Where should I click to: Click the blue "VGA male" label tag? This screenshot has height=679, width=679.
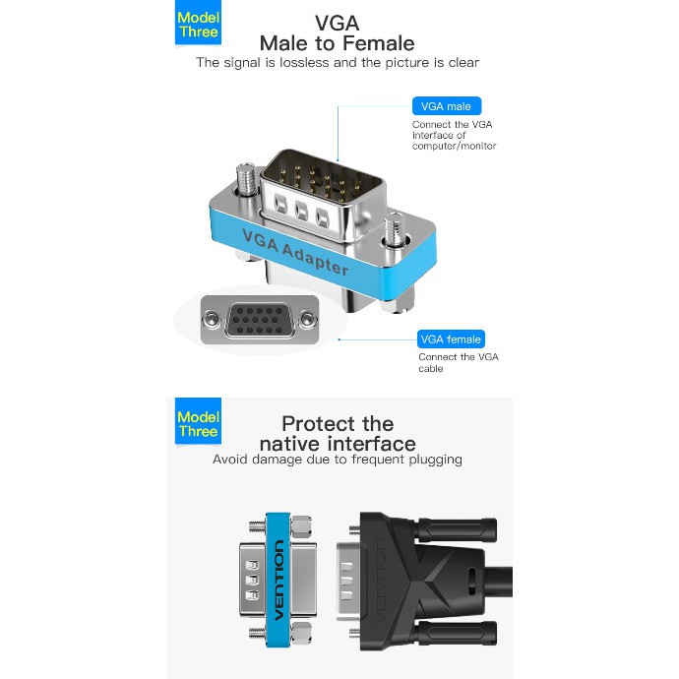(x=446, y=106)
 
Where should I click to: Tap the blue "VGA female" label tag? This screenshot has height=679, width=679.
(x=450, y=339)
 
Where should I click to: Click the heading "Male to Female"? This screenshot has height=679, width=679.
(x=337, y=43)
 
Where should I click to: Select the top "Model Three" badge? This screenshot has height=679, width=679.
(x=198, y=25)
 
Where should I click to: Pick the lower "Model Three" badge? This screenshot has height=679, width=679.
(x=198, y=424)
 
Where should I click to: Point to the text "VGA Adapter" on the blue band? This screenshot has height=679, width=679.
(x=295, y=251)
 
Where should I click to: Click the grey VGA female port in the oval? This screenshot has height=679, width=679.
(x=262, y=321)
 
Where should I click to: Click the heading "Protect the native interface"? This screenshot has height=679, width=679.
(x=338, y=433)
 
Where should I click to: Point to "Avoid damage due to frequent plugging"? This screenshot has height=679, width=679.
(x=338, y=460)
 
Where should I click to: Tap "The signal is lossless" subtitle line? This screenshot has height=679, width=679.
(x=338, y=63)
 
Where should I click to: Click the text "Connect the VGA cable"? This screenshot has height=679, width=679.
(x=458, y=363)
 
